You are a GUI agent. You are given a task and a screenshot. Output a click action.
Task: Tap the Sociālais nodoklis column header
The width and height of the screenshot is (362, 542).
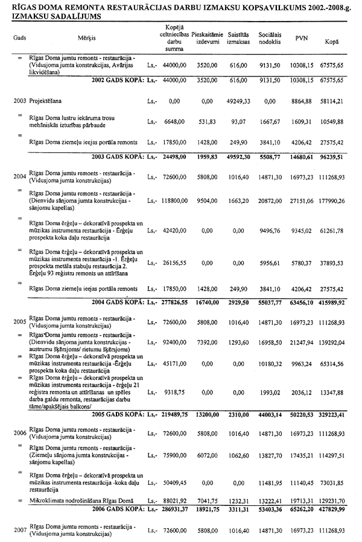pos(266,37)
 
